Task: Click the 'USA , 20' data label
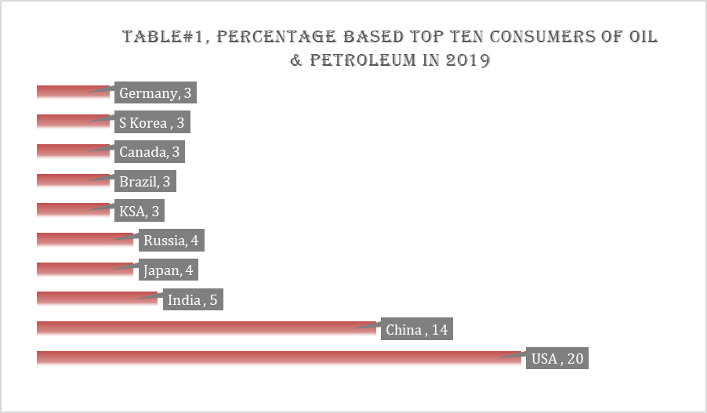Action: (557, 359)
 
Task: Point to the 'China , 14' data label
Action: (416, 330)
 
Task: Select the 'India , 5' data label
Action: (193, 300)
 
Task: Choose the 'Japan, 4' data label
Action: (168, 271)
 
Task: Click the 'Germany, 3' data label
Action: (155, 94)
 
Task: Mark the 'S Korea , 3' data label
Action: (152, 124)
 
